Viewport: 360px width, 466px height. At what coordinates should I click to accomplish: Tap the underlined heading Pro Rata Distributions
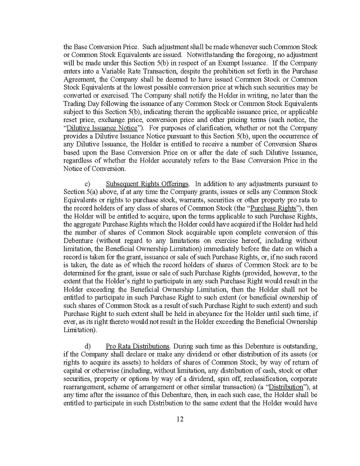[x=137, y=346]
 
